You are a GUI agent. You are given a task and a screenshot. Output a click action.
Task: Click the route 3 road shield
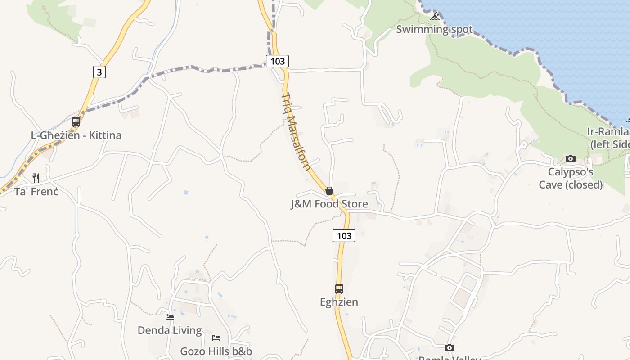[x=99, y=72]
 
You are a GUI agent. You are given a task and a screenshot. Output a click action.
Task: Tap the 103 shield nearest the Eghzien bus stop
[x=344, y=235]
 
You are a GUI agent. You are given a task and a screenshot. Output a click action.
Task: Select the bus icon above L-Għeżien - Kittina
[x=76, y=122]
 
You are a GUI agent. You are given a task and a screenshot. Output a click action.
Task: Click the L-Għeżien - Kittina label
[x=76, y=135]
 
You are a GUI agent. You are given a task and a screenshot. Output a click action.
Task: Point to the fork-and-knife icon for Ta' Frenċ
[x=36, y=178]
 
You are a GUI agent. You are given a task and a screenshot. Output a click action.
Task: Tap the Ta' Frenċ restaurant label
[x=36, y=192]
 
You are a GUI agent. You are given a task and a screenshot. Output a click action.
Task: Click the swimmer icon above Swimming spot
[x=435, y=17]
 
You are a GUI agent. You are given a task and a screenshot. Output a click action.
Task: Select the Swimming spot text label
[x=435, y=30]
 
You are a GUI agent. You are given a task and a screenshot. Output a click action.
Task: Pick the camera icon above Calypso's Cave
[x=571, y=158]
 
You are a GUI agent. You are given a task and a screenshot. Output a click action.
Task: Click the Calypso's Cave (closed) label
[x=571, y=178]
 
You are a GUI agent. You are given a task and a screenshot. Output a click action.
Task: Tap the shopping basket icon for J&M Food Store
[x=329, y=191]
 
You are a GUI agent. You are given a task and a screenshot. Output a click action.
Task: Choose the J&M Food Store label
[x=329, y=204]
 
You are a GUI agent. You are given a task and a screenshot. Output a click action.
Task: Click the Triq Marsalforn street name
[x=296, y=132]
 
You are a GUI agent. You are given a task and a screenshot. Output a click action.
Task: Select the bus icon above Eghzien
[x=339, y=289]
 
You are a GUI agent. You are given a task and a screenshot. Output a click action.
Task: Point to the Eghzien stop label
[x=339, y=302]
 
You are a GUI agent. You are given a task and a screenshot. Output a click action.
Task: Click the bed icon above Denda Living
[x=170, y=317]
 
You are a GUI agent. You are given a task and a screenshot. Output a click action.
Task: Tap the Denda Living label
[x=170, y=330]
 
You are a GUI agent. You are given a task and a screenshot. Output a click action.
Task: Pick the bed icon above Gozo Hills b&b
[x=216, y=338]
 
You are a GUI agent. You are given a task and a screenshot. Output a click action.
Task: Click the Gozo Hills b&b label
[x=216, y=351]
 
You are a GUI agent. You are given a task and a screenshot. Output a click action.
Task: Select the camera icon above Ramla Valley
[x=450, y=347]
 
